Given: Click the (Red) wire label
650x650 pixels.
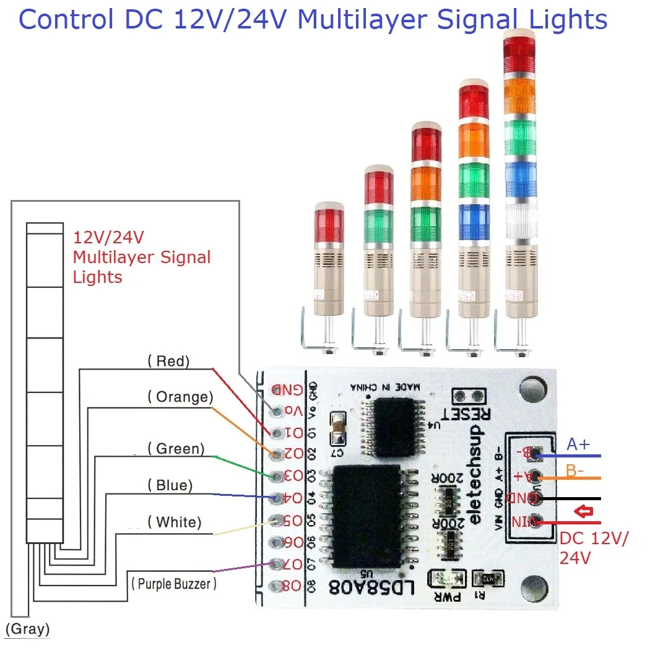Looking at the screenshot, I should coord(168,361).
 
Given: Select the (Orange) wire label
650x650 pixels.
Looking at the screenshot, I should coord(180,396).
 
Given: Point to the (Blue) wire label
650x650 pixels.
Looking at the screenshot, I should coord(170,485).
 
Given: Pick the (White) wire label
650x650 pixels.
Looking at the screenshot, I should coord(174,522).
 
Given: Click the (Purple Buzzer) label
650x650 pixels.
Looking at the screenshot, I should coord(174,583).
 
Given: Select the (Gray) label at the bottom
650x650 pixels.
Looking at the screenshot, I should coord(27,630).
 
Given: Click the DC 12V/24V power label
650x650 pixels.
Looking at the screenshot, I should coord(594,548).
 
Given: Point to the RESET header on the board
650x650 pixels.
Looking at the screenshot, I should coord(469,396).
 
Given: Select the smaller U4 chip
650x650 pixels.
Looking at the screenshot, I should coord(390,427).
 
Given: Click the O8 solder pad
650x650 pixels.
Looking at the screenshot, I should coord(274,585).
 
